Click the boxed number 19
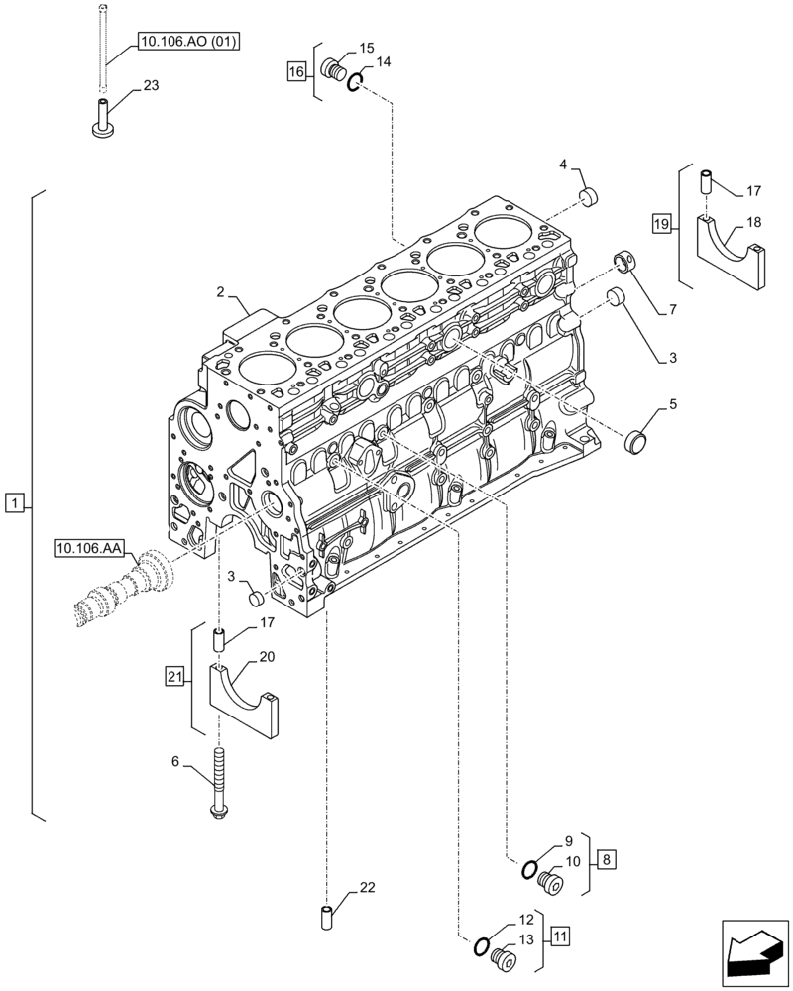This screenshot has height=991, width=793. [661, 224]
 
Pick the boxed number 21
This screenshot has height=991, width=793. [175, 676]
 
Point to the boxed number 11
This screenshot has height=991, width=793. [560, 935]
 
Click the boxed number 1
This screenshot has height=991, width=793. [13, 504]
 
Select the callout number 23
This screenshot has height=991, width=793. [151, 86]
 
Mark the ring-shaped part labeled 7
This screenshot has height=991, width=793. [626, 262]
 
